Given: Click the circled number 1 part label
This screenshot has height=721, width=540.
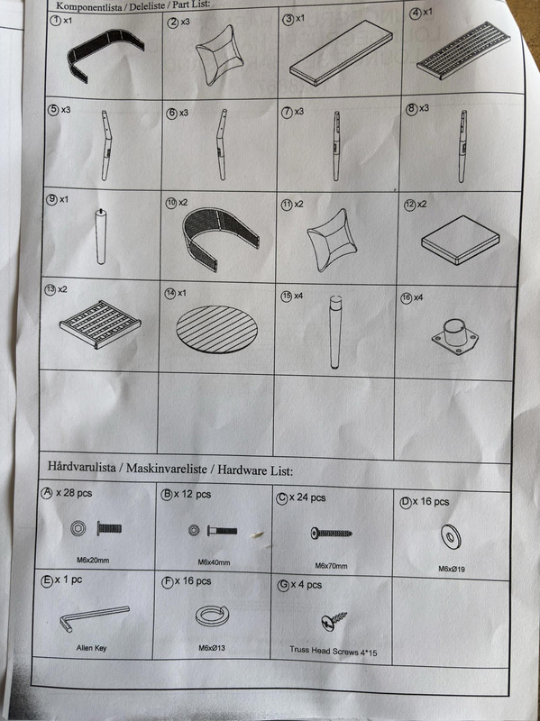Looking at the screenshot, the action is [55, 21].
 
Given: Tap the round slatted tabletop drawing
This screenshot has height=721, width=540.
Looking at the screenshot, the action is [216, 329].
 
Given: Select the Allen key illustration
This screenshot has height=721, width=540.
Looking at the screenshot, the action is [95, 618].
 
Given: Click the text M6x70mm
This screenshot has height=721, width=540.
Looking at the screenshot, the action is [331, 566].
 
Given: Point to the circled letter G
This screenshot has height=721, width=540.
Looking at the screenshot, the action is [283, 585].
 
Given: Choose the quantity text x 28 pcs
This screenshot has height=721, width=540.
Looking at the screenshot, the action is [74, 493].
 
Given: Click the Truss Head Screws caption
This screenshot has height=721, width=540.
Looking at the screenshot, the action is [333, 651].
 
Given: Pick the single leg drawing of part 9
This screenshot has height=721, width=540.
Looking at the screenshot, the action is [100, 237].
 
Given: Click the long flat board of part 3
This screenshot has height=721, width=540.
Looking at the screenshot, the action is [341, 53].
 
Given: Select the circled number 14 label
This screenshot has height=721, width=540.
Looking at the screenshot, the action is [170, 293].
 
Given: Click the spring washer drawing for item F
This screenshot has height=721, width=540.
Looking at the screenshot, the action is [212, 616].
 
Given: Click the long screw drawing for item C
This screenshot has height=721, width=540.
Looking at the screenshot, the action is [331, 534].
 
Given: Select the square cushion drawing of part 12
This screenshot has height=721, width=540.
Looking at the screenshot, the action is [461, 240].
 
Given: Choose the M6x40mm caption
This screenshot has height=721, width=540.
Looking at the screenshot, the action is [214, 562].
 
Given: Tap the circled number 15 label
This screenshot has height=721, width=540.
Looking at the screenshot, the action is [286, 297].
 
